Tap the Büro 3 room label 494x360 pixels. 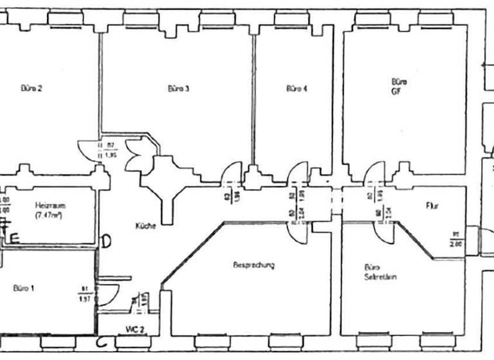[178, 89]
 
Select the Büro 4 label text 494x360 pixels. [297, 89]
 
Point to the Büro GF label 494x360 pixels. [399, 87]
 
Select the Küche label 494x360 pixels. [145, 226]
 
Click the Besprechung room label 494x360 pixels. [255, 265]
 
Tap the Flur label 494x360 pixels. [432, 206]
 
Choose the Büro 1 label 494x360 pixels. [24, 289]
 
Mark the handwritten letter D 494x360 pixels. [107, 241]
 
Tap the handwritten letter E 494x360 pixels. [14, 237]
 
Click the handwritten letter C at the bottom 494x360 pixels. [101, 343]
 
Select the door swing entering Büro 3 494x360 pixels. [230, 174]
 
